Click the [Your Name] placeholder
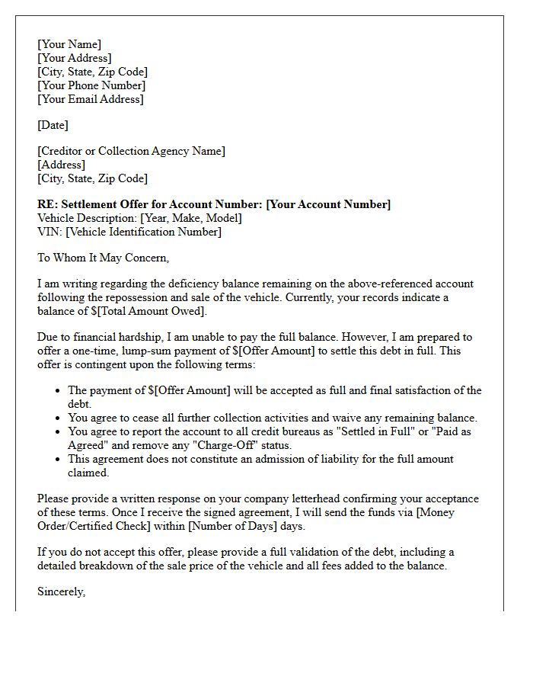click(69, 44)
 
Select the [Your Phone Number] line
click(92, 85)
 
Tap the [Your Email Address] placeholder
click(91, 99)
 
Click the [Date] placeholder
click(53, 125)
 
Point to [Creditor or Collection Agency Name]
click(132, 151)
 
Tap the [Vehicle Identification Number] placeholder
click(143, 232)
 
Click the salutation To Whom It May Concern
click(103, 258)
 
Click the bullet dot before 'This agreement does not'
click(59, 459)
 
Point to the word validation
click(327, 552)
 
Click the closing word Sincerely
click(61, 591)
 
